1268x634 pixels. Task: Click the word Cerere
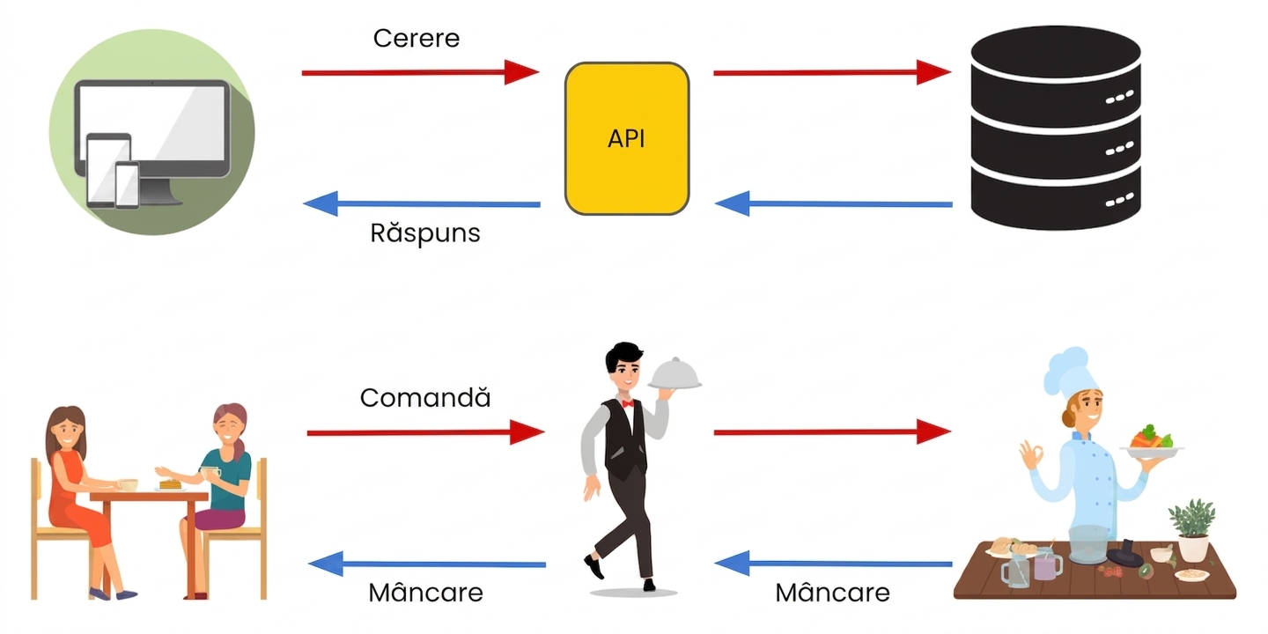coord(416,39)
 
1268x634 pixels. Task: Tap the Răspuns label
coord(425,232)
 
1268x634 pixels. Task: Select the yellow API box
coord(627,139)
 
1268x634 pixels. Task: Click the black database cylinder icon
coord(1055,128)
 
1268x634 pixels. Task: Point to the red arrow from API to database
coord(832,72)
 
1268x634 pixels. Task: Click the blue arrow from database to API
coord(833,203)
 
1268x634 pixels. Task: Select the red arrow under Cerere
coord(420,72)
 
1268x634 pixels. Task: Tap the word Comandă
coord(425,397)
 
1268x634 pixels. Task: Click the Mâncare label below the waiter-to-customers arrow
coord(425,593)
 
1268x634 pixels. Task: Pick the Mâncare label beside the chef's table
coord(832,593)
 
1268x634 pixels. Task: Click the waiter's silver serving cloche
coord(675,373)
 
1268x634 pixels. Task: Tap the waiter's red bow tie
coord(627,403)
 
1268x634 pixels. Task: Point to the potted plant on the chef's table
coord(1191,530)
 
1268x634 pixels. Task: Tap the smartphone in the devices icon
coord(127,185)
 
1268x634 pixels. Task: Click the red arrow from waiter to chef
coord(832,431)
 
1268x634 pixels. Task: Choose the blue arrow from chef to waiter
coord(833,564)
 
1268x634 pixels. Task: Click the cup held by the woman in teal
coord(210,473)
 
